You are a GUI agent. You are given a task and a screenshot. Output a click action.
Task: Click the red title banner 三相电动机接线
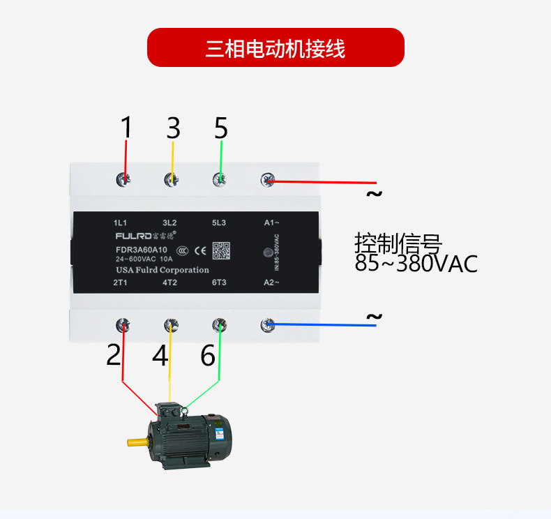click(275, 48)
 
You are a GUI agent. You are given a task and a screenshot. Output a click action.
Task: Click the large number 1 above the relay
click(126, 128)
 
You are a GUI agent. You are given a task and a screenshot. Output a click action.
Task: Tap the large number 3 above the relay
click(173, 128)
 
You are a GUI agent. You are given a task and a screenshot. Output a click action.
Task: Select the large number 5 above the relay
click(221, 128)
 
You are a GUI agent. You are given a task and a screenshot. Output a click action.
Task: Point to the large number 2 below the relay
click(114, 355)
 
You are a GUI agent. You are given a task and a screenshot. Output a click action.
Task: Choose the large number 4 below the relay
click(160, 356)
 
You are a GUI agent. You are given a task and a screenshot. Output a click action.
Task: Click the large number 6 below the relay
click(208, 356)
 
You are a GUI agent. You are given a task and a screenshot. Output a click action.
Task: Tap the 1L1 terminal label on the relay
click(121, 223)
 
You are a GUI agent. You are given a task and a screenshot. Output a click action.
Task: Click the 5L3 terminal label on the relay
click(219, 223)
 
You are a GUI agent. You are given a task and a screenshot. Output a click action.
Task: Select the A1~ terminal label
click(272, 223)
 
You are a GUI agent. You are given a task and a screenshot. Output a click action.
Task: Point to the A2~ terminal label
click(272, 283)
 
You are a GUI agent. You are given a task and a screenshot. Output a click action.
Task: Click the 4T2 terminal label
click(170, 283)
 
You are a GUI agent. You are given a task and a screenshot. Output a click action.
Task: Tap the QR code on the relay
click(220, 250)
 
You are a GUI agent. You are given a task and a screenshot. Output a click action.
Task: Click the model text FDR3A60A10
click(142, 250)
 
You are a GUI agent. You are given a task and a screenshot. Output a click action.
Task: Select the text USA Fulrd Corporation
click(162, 270)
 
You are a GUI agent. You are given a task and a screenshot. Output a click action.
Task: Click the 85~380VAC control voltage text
click(416, 264)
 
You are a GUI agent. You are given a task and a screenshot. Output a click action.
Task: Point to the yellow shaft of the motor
click(137, 441)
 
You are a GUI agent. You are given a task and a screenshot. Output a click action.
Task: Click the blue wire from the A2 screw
click(321, 324)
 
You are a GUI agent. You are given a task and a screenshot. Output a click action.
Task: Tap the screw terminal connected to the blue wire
click(267, 324)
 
